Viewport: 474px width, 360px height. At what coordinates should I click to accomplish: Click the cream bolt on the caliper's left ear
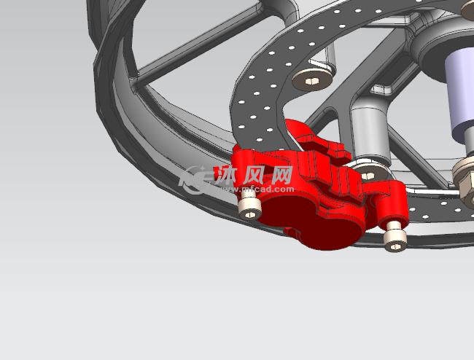click(x=249, y=208)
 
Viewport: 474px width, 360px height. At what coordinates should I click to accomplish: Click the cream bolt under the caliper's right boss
click(x=395, y=237)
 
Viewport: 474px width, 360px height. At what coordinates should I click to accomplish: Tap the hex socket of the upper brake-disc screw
click(x=311, y=81)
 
